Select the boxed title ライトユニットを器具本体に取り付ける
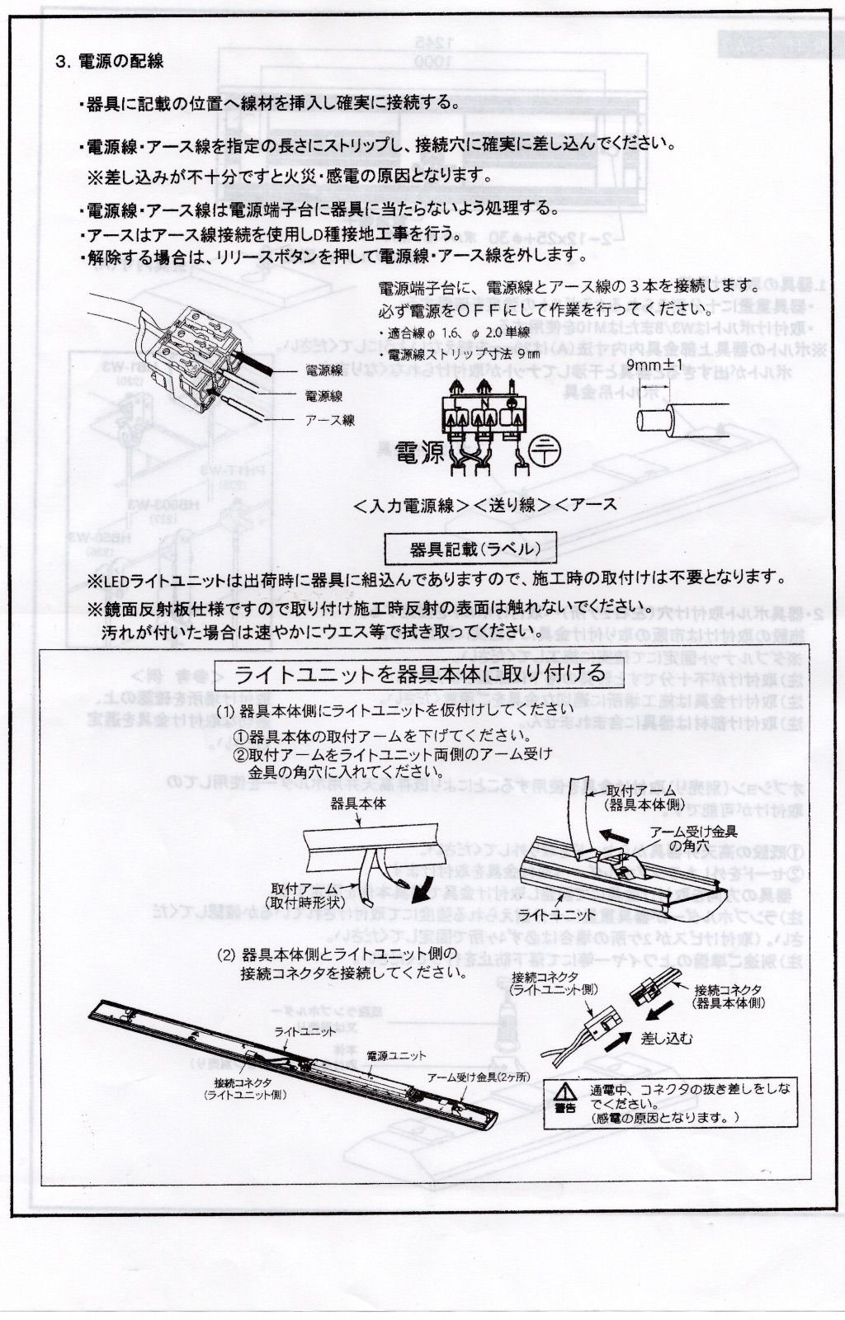click(x=420, y=674)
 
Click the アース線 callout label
click(x=330, y=420)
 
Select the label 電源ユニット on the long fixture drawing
click(x=396, y=1055)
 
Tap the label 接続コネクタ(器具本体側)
click(x=729, y=996)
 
